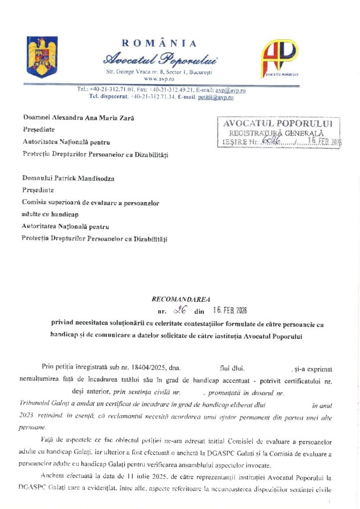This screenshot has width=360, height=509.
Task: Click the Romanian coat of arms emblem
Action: coord(42,57)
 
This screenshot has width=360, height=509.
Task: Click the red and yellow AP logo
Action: coord(280,58)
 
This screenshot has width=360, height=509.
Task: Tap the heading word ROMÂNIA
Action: coord(159,44)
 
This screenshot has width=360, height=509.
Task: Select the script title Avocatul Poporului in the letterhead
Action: coord(160,60)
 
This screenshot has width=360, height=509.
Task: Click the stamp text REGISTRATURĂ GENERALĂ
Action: coord(276,133)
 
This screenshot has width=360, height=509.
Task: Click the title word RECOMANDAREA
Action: coord(181,299)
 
